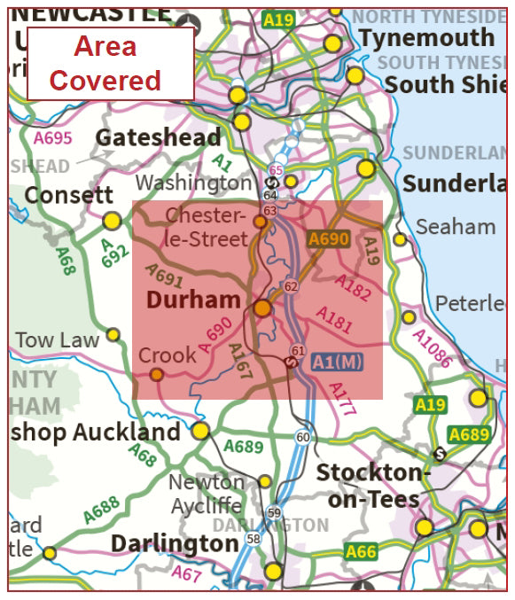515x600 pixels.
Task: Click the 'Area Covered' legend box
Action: [110, 63]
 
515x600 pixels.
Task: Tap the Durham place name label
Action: [193, 300]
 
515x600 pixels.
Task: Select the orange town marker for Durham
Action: [262, 308]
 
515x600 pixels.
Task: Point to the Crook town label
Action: [168, 355]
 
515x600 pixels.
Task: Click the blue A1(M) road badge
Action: [337, 362]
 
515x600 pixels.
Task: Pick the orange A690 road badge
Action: [329, 239]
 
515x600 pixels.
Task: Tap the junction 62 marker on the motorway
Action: [291, 286]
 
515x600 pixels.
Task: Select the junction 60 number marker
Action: [303, 437]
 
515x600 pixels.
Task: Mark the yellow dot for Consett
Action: [112, 220]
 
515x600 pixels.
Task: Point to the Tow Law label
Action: [58, 339]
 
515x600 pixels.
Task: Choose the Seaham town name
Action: [456, 227]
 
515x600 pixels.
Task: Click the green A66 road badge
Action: [361, 552]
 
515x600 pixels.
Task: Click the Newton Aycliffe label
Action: [207, 494]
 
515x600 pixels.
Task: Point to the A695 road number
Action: [52, 138]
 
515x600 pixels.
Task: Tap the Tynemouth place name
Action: [426, 37]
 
